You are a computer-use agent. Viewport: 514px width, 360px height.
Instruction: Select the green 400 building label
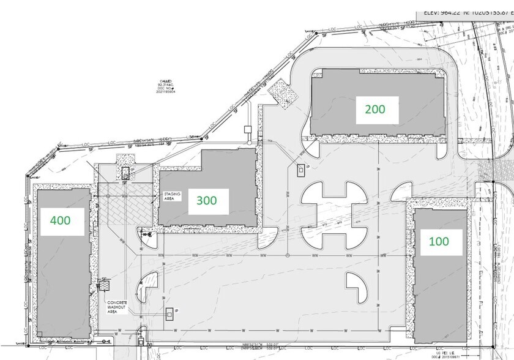[60, 220]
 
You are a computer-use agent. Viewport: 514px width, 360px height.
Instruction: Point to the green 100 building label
[438, 241]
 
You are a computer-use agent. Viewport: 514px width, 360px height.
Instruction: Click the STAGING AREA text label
[170, 197]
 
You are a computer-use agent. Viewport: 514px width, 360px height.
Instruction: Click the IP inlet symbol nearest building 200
[300, 168]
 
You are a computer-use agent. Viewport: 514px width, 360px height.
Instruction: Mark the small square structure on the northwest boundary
[247, 130]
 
